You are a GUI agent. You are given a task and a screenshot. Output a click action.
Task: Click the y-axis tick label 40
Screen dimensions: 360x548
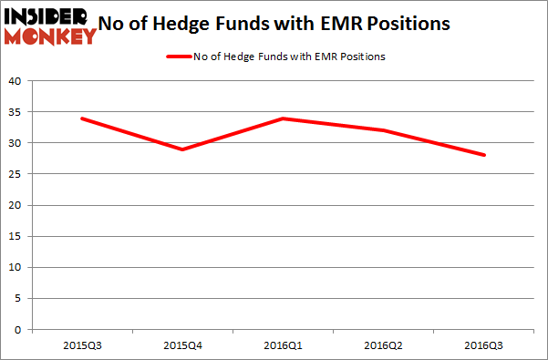(x=15, y=81)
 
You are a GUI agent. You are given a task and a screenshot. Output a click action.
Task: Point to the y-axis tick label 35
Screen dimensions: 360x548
(x=15, y=112)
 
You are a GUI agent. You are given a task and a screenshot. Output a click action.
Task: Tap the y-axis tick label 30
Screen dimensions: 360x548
(x=15, y=143)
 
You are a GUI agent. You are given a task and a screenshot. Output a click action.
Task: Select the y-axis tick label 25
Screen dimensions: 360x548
(x=15, y=174)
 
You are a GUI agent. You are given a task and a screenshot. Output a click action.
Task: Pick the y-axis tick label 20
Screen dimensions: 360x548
(x=15, y=205)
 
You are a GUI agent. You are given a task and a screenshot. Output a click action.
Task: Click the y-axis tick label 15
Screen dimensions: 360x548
(x=15, y=236)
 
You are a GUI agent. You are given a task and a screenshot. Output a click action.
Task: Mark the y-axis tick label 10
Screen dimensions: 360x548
(x=15, y=267)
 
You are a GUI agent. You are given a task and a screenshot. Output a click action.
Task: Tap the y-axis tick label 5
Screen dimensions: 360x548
(x=18, y=298)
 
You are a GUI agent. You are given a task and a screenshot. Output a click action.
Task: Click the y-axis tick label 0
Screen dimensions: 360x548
(x=18, y=329)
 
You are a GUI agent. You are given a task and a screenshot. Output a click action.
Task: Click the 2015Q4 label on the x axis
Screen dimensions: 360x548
(x=182, y=345)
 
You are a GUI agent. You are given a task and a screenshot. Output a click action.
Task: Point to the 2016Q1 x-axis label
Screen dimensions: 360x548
(x=283, y=345)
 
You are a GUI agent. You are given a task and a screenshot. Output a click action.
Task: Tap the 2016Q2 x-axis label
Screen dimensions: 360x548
(x=383, y=345)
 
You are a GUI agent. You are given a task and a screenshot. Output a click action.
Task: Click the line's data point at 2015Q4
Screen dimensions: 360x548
(x=182, y=149)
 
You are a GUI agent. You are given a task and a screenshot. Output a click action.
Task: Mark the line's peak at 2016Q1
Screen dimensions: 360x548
(x=283, y=118)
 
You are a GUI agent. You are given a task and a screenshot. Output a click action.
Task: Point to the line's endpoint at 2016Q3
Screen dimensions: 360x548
(x=484, y=155)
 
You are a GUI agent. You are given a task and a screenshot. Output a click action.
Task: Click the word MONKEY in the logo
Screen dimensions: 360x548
(x=51, y=36)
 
